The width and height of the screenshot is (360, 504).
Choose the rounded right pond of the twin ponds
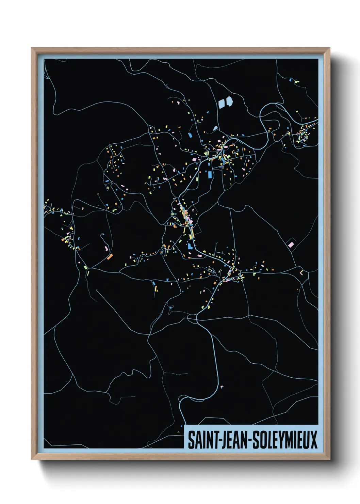tap(229, 101)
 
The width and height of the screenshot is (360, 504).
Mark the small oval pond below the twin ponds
tap(215, 128)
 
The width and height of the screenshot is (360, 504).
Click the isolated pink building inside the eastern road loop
tap(291, 245)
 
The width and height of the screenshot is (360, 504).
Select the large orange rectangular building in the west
tap(110, 256)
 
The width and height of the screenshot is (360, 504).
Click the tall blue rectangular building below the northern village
tap(210, 175)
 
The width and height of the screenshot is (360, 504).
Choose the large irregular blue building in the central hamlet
tap(189, 246)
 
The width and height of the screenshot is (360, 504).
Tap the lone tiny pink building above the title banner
tap(222, 387)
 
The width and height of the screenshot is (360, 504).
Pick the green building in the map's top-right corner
tap(297, 82)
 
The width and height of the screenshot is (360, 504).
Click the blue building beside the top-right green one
tap(291, 80)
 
